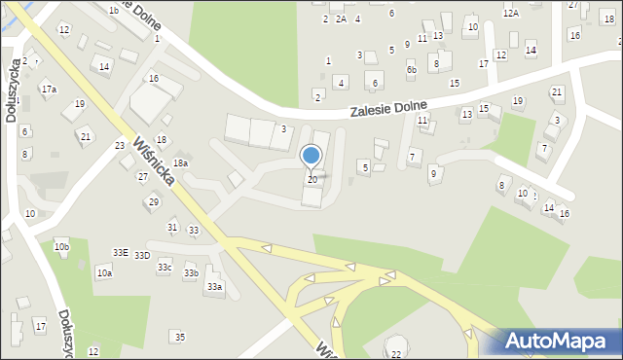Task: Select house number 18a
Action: [x=180, y=163]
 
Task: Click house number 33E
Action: [x=120, y=252]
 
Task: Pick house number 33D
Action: [x=142, y=255]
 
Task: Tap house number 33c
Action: [x=165, y=267]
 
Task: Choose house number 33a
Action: [x=214, y=286]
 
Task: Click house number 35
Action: [x=179, y=337]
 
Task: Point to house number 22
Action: [x=395, y=354]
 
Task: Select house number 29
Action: [x=153, y=201]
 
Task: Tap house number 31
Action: [x=172, y=227]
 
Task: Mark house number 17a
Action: [x=49, y=90]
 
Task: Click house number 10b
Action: [x=61, y=247]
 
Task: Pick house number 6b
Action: [x=412, y=70]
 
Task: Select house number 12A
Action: [x=511, y=14]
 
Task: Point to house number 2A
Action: [x=341, y=18]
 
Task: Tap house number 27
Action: [x=143, y=176]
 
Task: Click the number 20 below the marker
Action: [x=311, y=179]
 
